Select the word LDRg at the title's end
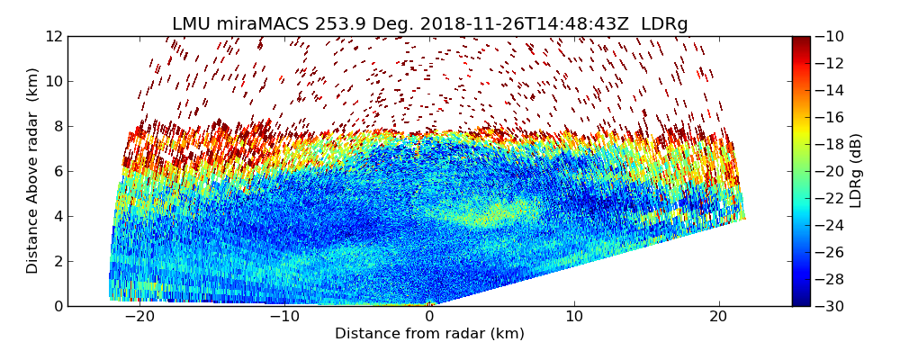click(664, 24)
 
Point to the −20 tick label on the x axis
click(139, 317)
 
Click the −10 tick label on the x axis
click(283, 317)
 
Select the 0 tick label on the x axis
click(429, 317)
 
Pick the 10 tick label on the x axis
click(574, 317)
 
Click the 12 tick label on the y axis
click(54, 36)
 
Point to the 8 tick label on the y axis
click(58, 126)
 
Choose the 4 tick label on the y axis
click(58, 216)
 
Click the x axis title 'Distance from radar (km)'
click(429, 334)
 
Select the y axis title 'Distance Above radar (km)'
click(32, 170)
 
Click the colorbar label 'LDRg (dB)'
click(856, 171)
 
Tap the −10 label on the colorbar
click(831, 36)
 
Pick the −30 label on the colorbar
click(831, 306)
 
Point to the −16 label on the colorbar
click(831, 117)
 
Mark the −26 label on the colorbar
click(831, 252)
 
